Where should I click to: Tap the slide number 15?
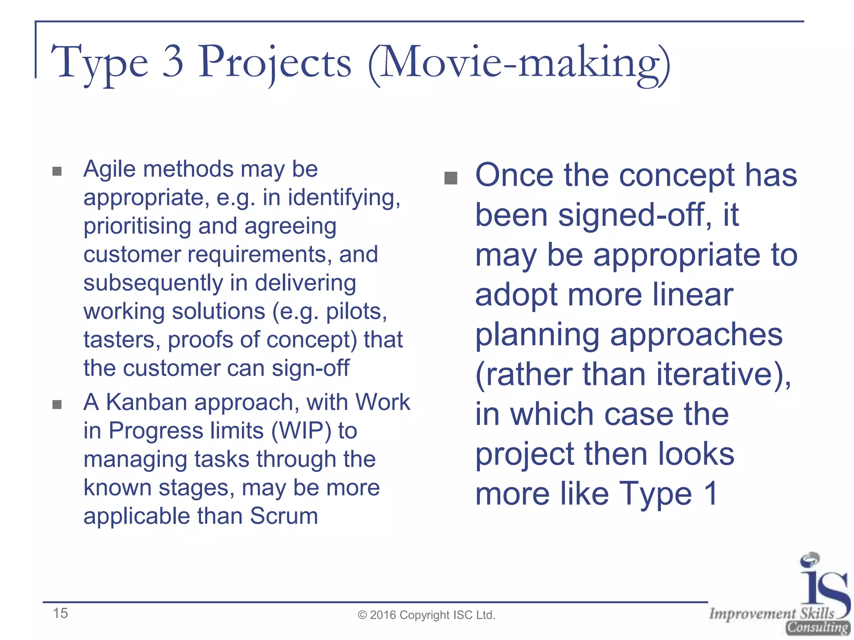[x=60, y=613]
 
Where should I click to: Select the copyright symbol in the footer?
[x=362, y=615]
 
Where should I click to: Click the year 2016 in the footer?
[x=383, y=615]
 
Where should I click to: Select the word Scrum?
[x=284, y=516]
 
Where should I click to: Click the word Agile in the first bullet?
[x=109, y=169]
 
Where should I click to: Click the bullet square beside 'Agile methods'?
[x=57, y=171]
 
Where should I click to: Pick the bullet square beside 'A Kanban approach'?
[x=57, y=405]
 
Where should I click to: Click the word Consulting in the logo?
[x=818, y=627]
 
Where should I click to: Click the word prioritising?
[x=137, y=227]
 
